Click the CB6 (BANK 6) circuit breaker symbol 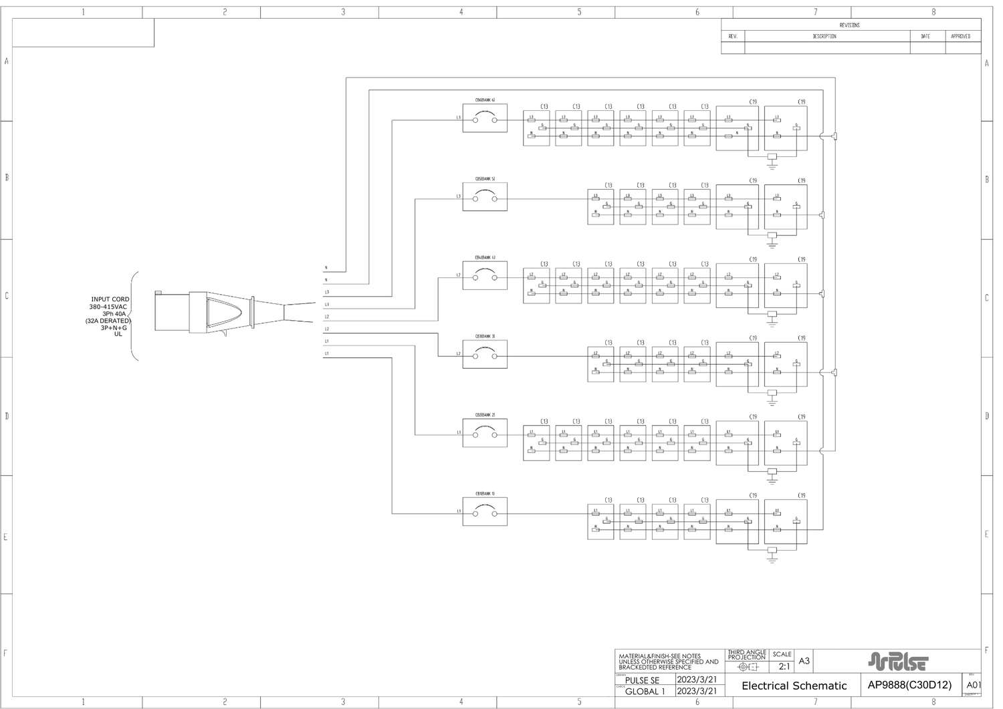pyautogui.click(x=485, y=118)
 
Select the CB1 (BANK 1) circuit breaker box pyautogui.click(x=485, y=512)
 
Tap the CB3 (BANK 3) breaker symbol pyautogui.click(x=485, y=354)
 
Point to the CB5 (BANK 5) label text pyautogui.click(x=485, y=179)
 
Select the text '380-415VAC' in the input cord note pyautogui.click(x=108, y=307)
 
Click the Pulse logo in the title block pyautogui.click(x=897, y=662)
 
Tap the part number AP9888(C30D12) pyautogui.click(x=909, y=685)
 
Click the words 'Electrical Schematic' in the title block pyautogui.click(x=794, y=686)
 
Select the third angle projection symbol pyautogui.click(x=747, y=667)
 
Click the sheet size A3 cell pyautogui.click(x=804, y=661)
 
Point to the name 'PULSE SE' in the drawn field pyautogui.click(x=642, y=680)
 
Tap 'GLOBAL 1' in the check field pyautogui.click(x=645, y=692)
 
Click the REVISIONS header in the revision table pyautogui.click(x=850, y=25)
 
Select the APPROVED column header pyautogui.click(x=961, y=36)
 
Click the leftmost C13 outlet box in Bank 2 pyautogui.click(x=536, y=443)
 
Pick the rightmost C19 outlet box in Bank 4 pyautogui.click(x=786, y=285)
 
